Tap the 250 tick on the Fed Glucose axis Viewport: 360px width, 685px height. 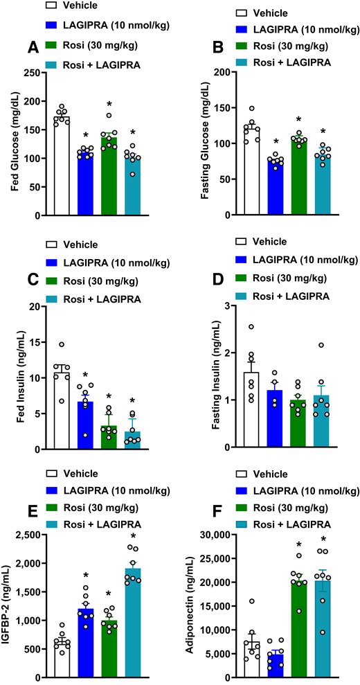[x=44, y=72]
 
